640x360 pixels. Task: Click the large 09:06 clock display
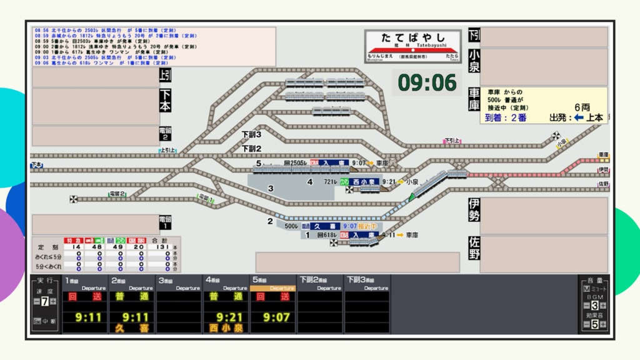427,82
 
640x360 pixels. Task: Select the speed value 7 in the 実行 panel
44,302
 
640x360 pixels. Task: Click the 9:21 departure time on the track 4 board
229,317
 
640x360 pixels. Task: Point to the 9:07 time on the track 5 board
276,317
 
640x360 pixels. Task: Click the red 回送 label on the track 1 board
87,297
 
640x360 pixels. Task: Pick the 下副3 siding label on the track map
251,134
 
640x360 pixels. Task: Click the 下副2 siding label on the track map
251,149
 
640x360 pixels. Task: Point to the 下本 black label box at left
165,100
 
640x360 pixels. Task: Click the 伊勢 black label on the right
474,211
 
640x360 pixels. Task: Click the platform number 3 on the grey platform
271,188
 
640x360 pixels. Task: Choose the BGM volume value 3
595,306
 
